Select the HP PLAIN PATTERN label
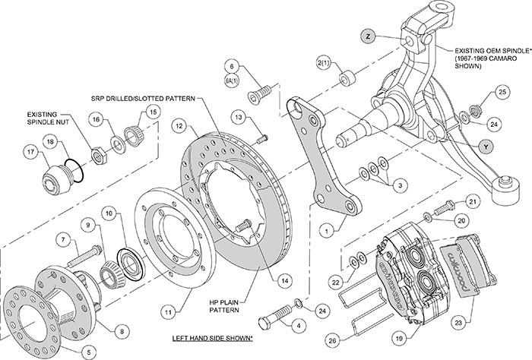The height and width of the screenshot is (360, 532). click(226, 305)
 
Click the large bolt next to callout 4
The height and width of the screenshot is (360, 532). click(278, 311)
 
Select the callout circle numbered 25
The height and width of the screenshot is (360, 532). click(501, 92)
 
